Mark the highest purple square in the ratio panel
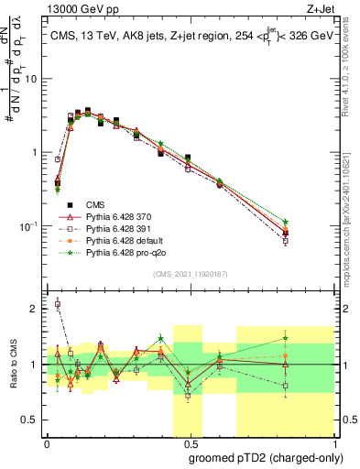[x=58, y=304]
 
